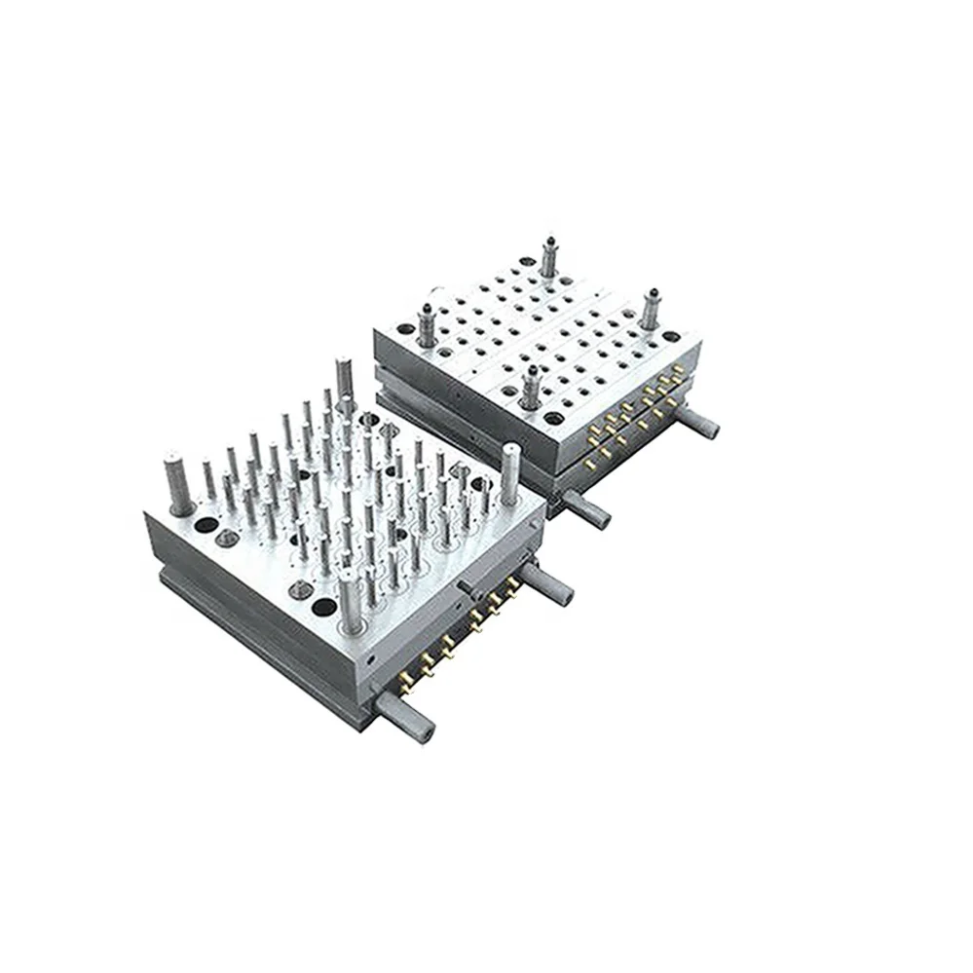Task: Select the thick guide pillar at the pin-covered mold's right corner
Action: [x=510, y=474]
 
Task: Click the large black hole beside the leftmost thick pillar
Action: [x=206, y=525]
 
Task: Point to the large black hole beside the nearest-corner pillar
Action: [x=324, y=608]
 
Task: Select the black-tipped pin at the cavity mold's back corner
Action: [x=549, y=255]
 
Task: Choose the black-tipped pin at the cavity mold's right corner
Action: [x=650, y=309]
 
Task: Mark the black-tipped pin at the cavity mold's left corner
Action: [x=426, y=322]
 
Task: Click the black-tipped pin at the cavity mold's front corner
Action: [x=531, y=387]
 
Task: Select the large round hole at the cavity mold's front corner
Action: [x=553, y=417]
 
